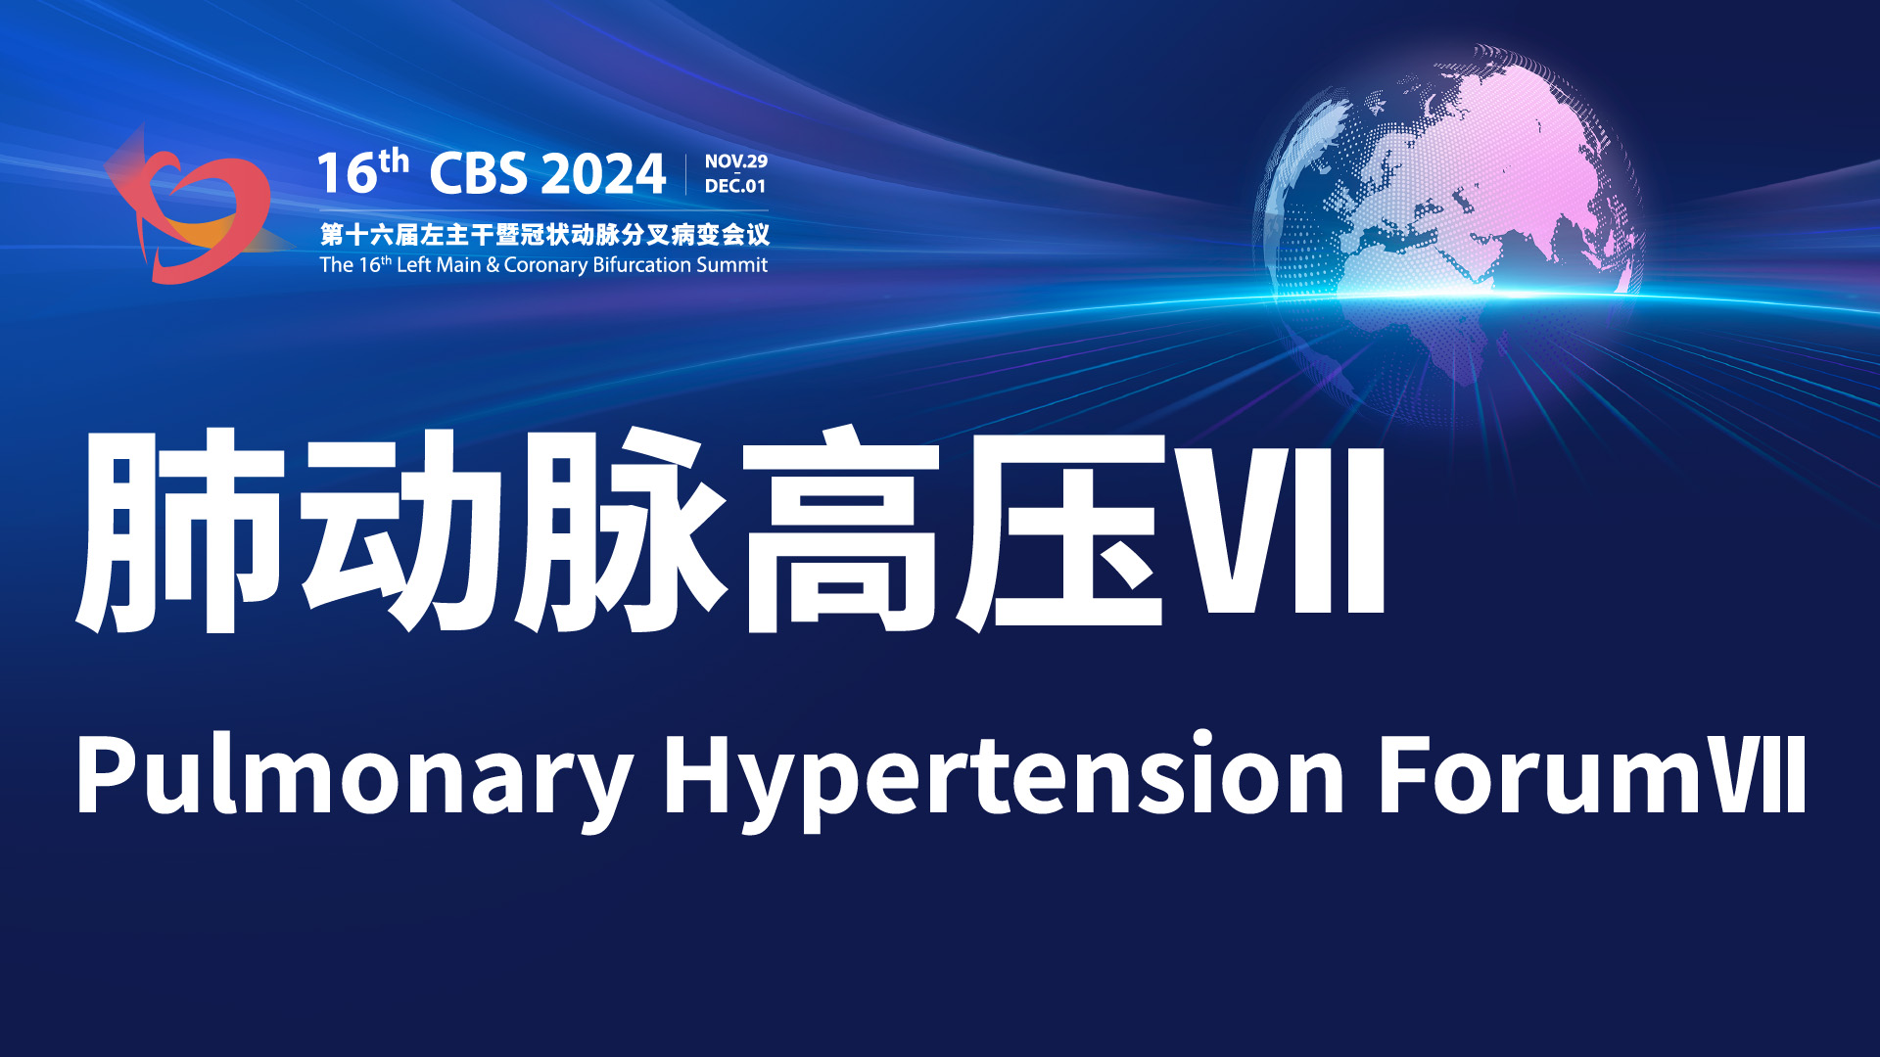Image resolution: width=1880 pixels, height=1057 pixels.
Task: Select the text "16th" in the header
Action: [x=362, y=172]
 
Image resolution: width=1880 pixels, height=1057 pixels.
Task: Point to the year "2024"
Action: [x=603, y=174]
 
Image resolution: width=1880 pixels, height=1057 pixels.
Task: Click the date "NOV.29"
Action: [x=736, y=161]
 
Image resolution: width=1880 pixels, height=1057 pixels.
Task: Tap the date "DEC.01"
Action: [x=735, y=186]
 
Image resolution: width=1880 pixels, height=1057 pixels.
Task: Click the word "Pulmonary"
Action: [x=353, y=779]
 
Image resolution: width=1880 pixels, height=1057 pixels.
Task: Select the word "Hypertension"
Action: [x=1005, y=779]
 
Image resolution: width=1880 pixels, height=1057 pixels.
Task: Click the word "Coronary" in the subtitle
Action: [x=545, y=265]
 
